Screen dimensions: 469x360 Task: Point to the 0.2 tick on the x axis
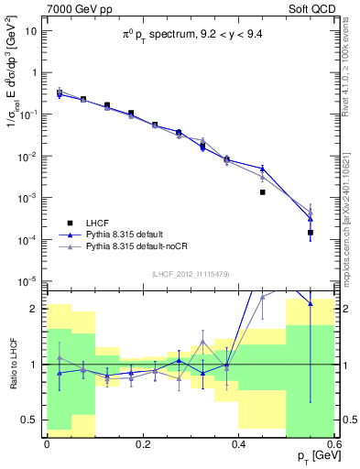coord(143,442)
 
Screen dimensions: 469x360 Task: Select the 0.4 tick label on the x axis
coord(239,442)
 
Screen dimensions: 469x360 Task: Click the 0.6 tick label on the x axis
coord(334,442)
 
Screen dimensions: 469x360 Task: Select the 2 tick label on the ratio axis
coord(37,309)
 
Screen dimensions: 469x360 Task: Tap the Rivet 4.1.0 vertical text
coord(350,74)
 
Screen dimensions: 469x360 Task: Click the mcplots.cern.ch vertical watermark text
coord(350,210)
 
